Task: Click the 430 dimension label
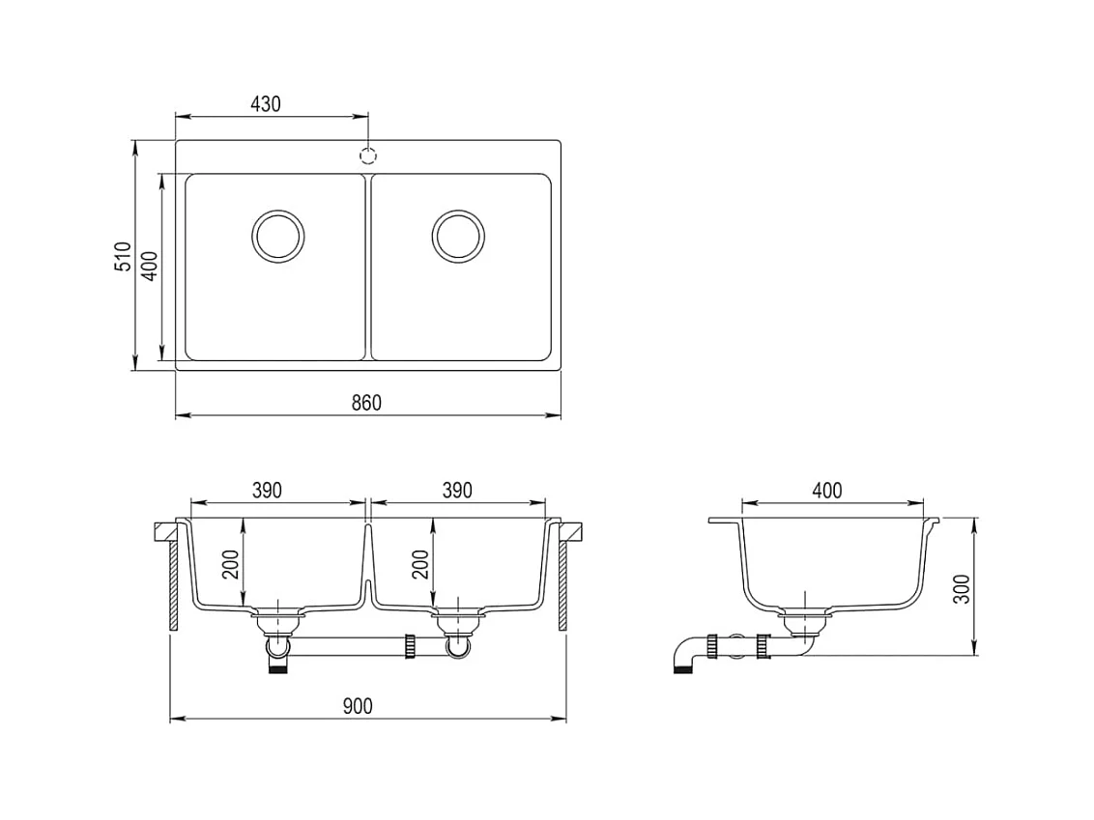point(265,104)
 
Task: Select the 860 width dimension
point(366,403)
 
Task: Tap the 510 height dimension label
point(123,256)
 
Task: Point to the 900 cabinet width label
point(358,706)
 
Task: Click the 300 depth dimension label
point(963,589)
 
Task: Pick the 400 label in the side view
point(826,491)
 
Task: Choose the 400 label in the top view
point(151,266)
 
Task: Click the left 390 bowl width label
point(268,491)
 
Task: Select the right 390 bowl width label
point(457,491)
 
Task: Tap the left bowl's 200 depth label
point(231,564)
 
